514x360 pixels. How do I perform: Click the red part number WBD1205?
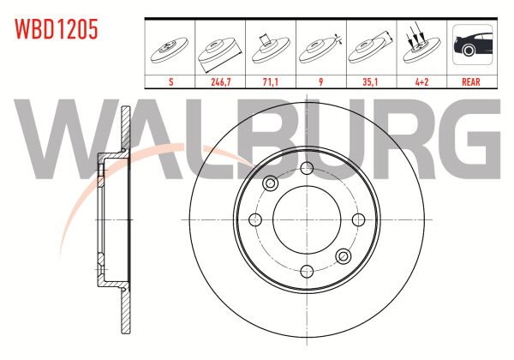tap(56, 29)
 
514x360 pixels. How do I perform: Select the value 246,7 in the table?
tap(221, 81)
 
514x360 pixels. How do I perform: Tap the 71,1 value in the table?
tap(271, 81)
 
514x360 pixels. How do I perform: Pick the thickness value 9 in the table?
tap(321, 81)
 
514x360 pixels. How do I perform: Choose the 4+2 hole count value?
tap(421, 81)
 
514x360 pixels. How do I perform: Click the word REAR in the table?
tap(470, 81)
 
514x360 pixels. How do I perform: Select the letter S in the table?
tap(170, 81)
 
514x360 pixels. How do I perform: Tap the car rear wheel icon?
tap(473, 45)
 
